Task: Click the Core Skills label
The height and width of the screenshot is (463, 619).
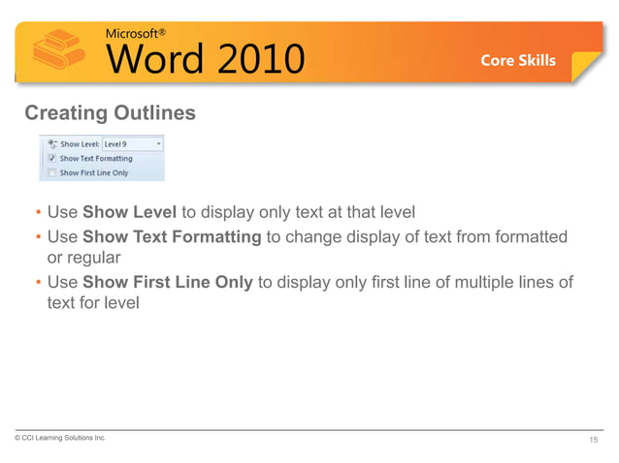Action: pos(518,60)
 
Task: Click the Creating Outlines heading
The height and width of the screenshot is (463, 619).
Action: pos(110,113)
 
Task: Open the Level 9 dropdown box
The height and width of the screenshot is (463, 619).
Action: pos(132,144)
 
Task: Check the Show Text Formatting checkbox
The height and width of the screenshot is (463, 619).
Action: pos(51,159)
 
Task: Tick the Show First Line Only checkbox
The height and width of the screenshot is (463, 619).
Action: pos(51,172)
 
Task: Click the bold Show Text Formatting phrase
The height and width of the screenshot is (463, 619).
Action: pos(172,236)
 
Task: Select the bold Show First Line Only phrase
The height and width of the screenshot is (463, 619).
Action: pos(168,282)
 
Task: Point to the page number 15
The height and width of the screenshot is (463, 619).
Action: pos(594,441)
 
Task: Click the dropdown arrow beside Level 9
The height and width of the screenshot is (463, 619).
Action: pos(158,144)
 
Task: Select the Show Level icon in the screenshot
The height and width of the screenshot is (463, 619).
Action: pos(50,143)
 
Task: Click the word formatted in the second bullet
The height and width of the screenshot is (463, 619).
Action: pos(532,236)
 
